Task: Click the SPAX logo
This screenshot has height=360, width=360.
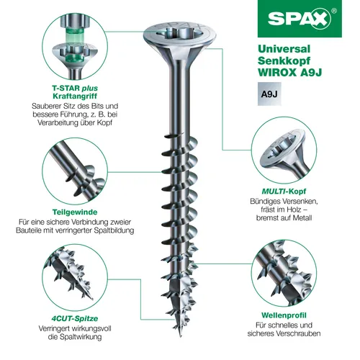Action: [298, 19]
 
